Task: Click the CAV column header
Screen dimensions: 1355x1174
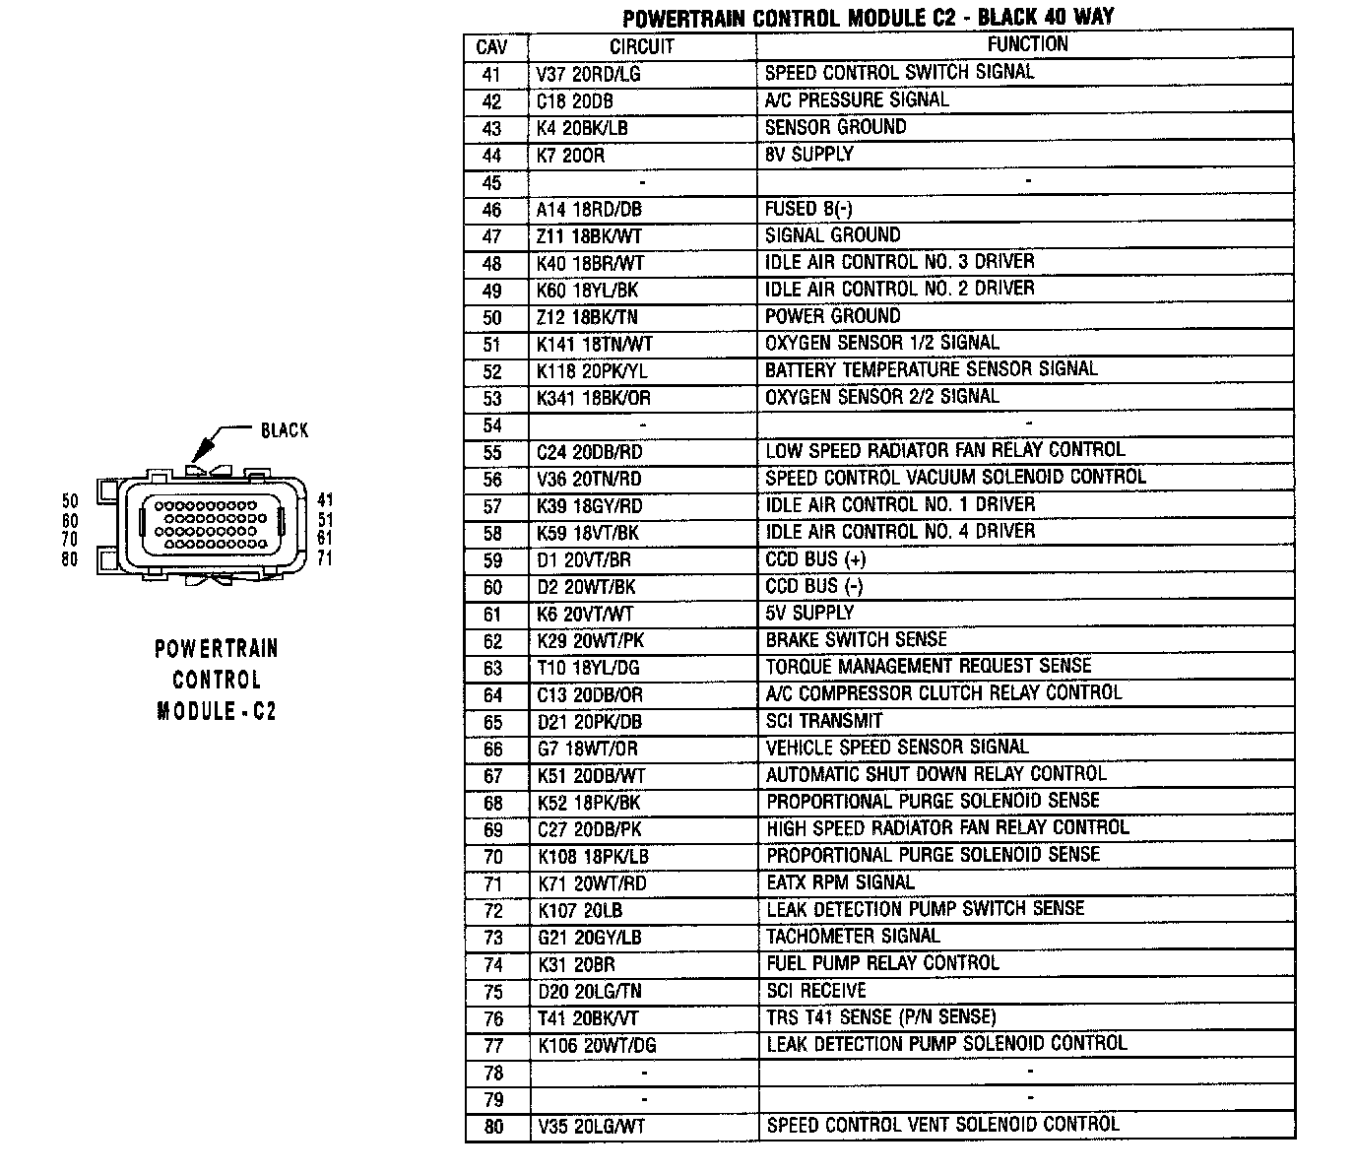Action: [x=492, y=46]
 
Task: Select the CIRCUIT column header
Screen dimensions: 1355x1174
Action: [x=641, y=46]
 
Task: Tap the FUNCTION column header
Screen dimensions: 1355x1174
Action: [x=1027, y=44]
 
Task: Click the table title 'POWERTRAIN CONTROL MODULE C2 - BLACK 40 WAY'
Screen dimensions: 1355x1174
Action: [x=867, y=18]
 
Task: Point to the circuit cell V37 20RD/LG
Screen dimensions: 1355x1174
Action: [x=589, y=74]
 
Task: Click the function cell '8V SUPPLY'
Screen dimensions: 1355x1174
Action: [x=808, y=155]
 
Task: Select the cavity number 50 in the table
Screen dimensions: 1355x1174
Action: [x=492, y=317]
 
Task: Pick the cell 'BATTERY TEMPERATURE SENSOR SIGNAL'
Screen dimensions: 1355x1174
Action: [x=931, y=369]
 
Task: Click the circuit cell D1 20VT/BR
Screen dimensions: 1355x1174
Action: [x=584, y=560]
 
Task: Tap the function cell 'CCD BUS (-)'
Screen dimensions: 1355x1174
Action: [x=814, y=586]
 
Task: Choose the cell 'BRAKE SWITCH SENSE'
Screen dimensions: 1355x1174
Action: [x=856, y=640]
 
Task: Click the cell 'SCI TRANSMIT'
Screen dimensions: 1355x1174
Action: [x=824, y=721]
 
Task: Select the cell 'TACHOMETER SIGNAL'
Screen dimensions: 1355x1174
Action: [x=853, y=937]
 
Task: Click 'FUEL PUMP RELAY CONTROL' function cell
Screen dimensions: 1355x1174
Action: [x=882, y=963]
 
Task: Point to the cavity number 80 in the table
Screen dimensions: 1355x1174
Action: [x=493, y=1127]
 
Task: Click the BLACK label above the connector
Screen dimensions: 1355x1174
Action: [x=285, y=430]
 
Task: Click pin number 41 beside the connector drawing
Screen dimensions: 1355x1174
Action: [x=325, y=500]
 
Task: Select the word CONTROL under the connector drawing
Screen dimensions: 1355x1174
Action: [x=217, y=680]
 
